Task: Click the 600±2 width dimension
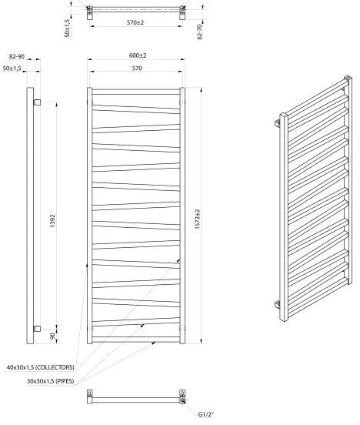pos(137,55)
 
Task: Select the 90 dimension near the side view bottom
pos(52,336)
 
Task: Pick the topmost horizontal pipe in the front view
pos(136,93)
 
